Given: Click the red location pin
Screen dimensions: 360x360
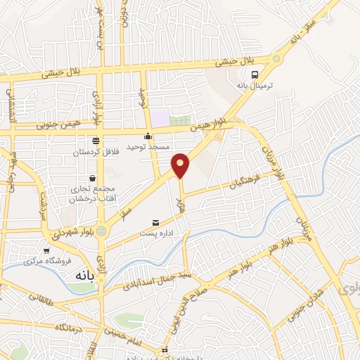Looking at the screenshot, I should [181, 165].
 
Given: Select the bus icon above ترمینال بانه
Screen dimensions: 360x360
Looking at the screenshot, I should [254, 74].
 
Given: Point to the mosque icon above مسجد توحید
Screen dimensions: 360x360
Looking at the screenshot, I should [148, 136].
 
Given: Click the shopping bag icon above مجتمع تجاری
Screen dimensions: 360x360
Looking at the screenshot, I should [93, 179].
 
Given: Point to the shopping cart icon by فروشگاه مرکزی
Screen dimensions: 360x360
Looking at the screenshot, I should [46, 250].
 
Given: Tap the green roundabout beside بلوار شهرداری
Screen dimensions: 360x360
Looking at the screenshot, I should [102, 230].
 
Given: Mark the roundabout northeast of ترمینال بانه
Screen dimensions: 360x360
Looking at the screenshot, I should [276, 59].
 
